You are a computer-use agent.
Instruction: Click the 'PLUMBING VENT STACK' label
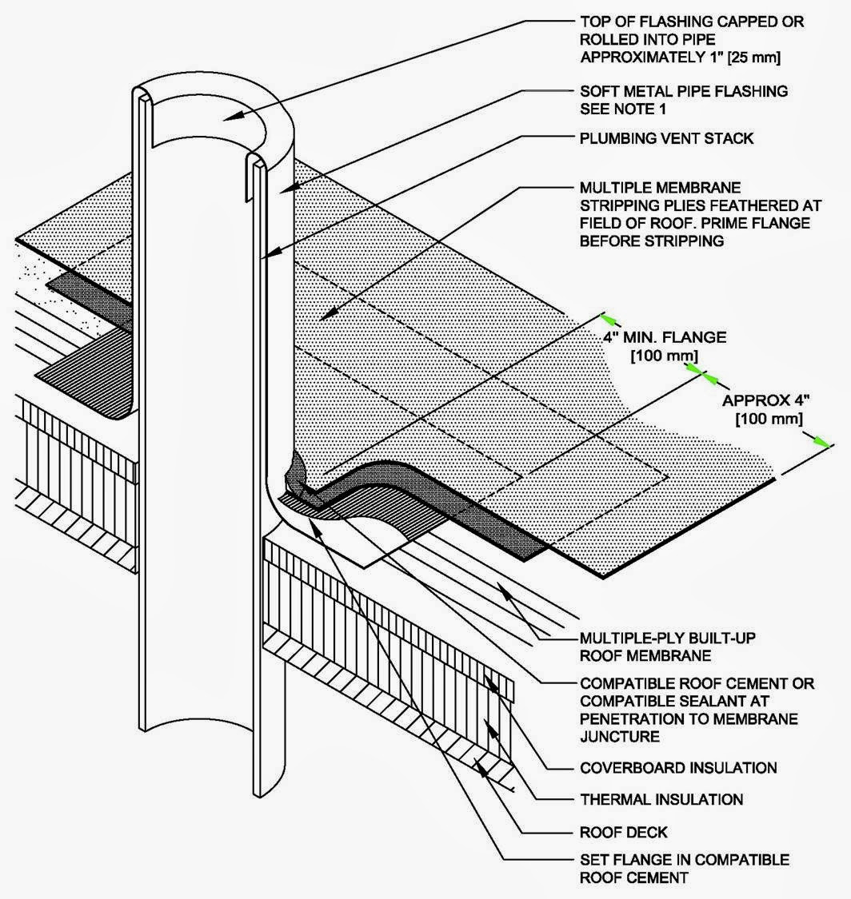coord(665,138)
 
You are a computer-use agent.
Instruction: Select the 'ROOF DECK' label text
coord(624,832)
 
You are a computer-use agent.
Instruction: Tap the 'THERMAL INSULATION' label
coord(661,799)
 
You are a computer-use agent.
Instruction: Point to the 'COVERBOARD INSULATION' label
coord(677,768)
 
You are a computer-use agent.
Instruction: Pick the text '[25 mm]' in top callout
coord(753,57)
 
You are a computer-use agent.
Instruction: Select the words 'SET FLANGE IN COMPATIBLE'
coord(684,860)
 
